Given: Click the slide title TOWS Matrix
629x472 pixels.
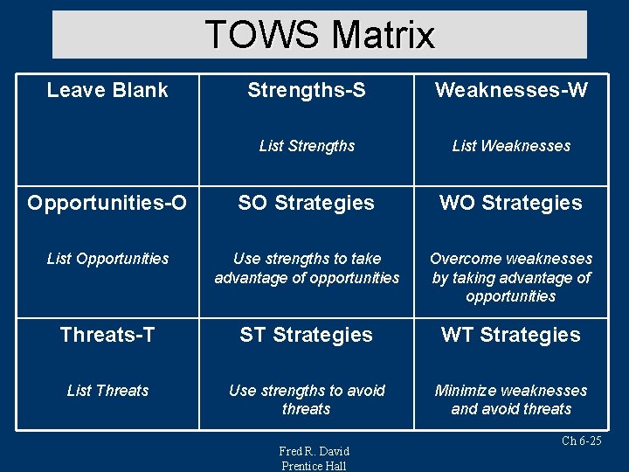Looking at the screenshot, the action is click(320, 35).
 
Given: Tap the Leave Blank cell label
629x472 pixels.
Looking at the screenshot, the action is click(107, 90).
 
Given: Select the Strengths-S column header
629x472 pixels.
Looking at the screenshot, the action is click(307, 90).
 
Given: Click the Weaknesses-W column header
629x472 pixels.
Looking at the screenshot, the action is click(511, 90).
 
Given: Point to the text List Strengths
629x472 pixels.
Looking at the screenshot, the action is click(307, 146).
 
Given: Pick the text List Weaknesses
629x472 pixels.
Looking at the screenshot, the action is click(511, 146).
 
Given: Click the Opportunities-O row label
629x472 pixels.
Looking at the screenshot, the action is click(107, 203).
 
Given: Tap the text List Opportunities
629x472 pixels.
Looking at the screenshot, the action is click(107, 259).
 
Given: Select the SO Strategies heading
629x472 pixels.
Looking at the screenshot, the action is click(307, 203).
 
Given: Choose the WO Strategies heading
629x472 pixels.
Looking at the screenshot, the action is click(511, 203).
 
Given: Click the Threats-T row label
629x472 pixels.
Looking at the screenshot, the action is click(107, 335).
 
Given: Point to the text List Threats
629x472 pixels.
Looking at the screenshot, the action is click(107, 391).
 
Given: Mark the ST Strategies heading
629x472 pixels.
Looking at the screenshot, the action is click(307, 335).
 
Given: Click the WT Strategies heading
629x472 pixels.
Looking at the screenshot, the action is click(511, 335).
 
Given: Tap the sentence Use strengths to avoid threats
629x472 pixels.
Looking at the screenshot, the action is click(307, 399).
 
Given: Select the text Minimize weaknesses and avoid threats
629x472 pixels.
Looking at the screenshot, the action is click(511, 399).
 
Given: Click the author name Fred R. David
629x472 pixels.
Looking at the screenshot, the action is click(314, 451).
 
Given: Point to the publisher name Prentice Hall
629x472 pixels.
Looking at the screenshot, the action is click(314, 466).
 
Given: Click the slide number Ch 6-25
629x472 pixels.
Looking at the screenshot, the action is click(581, 441).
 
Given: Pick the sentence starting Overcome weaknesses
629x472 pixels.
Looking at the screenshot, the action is click(511, 277).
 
